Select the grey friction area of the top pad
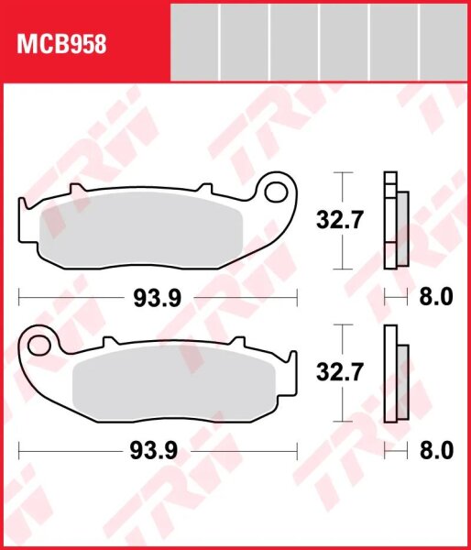(x=138, y=233)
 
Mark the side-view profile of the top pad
(x=396, y=220)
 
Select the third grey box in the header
(x=294, y=40)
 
